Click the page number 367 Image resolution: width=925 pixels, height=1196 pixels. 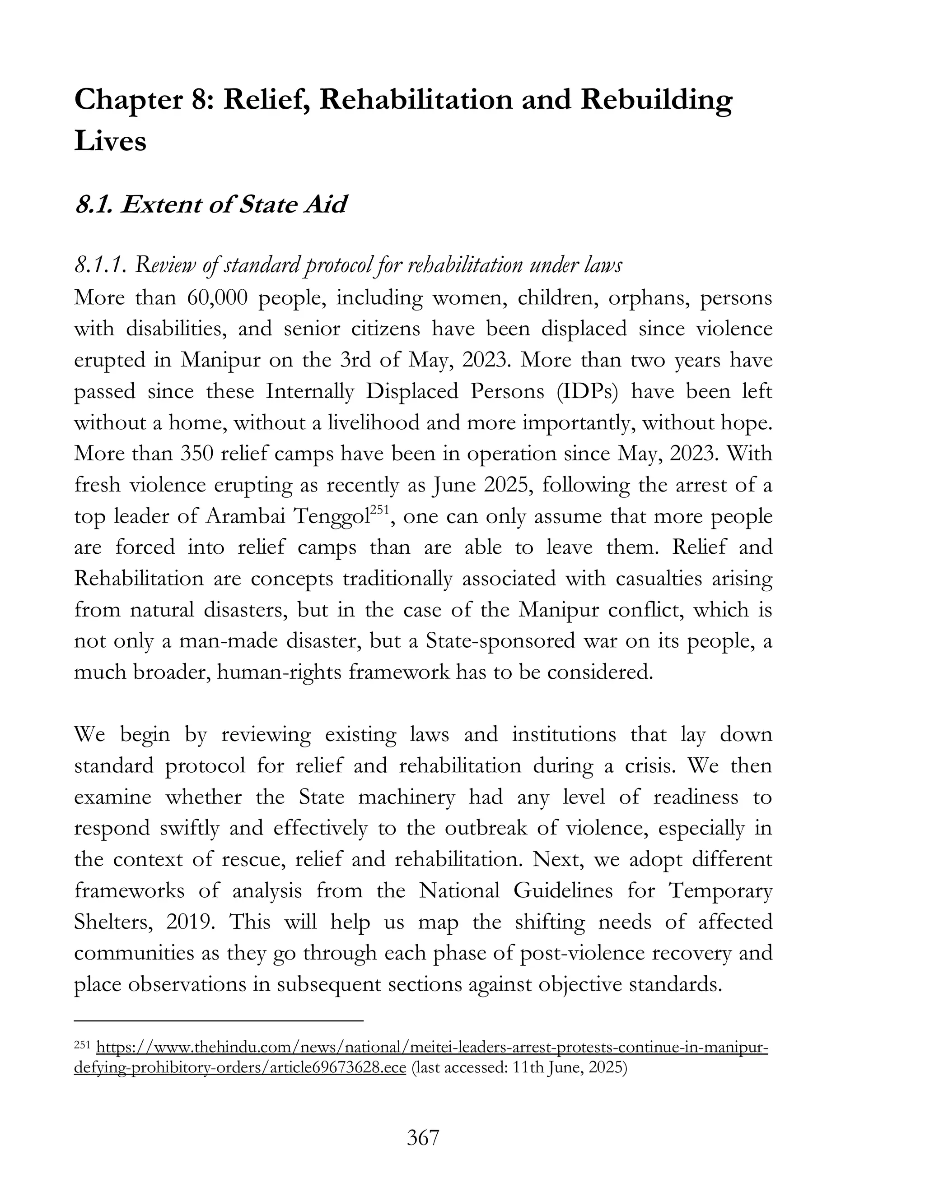coord(423,1137)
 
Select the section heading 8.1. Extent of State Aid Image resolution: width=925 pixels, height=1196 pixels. coord(210,204)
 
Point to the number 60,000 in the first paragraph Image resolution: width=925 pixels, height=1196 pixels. coord(217,298)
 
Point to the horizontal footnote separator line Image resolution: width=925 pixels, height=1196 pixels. coord(219,1021)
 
